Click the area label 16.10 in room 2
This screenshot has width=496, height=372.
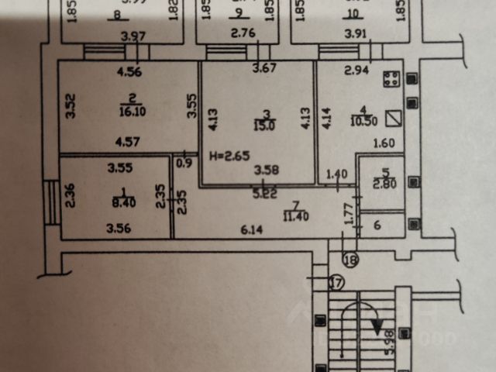(x=128, y=111)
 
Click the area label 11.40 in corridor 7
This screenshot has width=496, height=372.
(x=296, y=215)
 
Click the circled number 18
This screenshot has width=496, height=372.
(x=351, y=260)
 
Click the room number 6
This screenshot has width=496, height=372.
(x=377, y=225)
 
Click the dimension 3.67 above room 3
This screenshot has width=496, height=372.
(x=264, y=69)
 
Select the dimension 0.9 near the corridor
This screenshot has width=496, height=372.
(x=184, y=162)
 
